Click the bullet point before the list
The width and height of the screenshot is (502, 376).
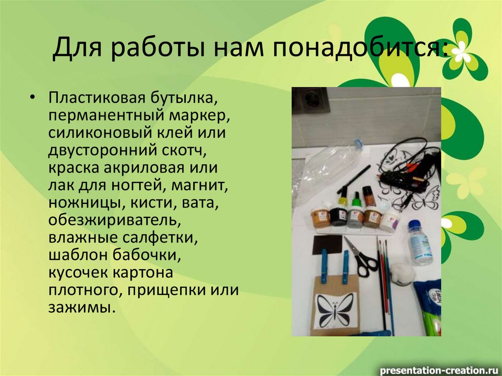32,97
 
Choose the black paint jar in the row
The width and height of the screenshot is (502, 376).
338,216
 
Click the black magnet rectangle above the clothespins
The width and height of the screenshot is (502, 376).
326,243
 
